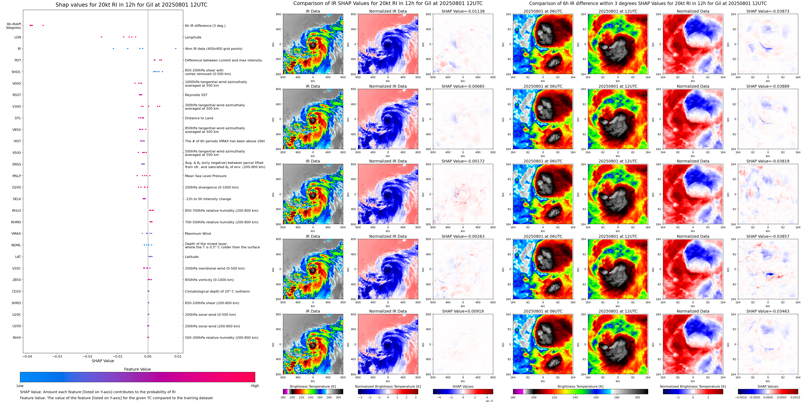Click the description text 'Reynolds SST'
click(196, 95)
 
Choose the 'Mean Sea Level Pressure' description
click(206, 176)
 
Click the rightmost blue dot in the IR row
click(176, 49)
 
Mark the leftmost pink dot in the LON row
click(101, 37)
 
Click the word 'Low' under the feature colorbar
click(20, 386)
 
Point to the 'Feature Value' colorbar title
click(137, 369)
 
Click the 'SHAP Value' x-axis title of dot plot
click(103, 361)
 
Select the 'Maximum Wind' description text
click(198, 234)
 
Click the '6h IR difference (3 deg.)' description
click(205, 26)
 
